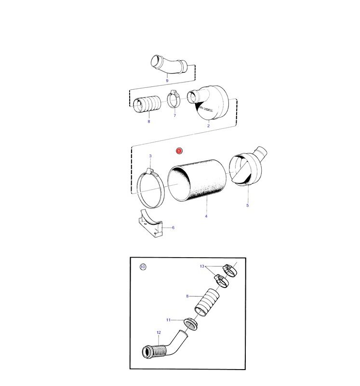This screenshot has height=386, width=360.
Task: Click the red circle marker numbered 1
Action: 179,151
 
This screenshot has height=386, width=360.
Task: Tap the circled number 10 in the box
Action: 143,267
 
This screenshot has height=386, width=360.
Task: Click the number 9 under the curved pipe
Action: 167,81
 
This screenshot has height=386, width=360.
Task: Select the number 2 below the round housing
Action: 209,126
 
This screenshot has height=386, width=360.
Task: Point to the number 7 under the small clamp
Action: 175,115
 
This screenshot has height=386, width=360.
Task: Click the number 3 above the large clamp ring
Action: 150,156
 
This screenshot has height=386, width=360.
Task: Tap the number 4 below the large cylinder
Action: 206,216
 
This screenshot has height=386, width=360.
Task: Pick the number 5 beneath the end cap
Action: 248,206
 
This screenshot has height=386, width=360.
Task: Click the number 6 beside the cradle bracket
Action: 173,228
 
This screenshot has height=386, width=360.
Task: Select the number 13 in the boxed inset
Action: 202,266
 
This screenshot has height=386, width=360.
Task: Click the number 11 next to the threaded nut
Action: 168,320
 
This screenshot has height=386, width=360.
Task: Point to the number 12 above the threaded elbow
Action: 159,332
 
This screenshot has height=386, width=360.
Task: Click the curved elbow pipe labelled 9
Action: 169,65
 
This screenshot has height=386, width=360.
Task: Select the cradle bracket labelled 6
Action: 151,223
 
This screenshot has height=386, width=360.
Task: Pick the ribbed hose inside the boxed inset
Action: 207,303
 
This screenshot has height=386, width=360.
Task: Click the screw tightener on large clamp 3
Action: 150,171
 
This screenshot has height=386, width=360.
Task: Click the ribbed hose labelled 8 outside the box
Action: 147,104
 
